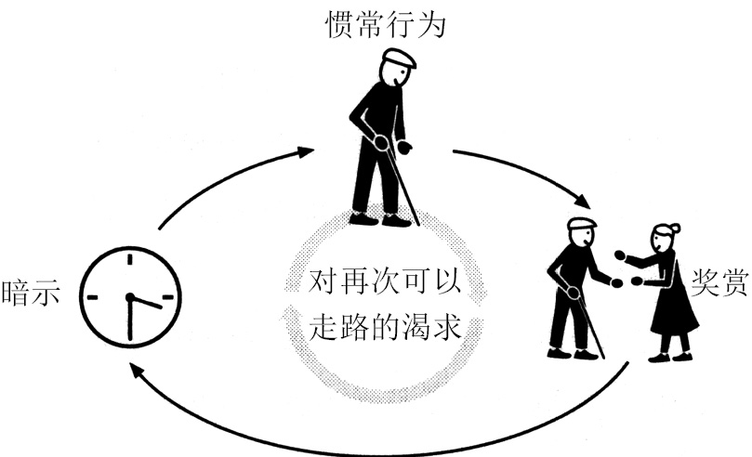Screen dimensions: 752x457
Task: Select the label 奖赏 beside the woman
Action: coord(719,281)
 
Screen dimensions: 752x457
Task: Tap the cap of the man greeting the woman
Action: coord(581,224)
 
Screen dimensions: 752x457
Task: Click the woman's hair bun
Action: coord(675,227)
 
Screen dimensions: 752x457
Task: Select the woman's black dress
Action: coord(671,302)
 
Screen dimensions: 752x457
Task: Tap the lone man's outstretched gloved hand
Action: coord(404,146)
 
